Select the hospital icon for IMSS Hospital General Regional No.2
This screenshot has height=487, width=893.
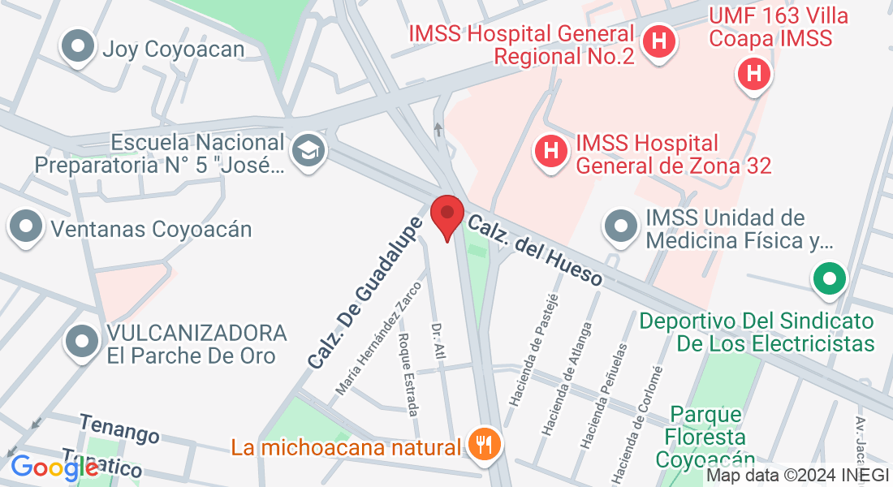(659, 41)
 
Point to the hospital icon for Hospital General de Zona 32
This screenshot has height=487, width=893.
(550, 151)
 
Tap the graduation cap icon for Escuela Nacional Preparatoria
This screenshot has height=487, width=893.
(308, 151)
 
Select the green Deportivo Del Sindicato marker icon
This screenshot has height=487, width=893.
(829, 281)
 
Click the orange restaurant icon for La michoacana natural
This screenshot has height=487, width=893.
(485, 444)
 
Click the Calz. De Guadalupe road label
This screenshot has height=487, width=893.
(365, 291)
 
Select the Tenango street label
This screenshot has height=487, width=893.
(119, 428)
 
